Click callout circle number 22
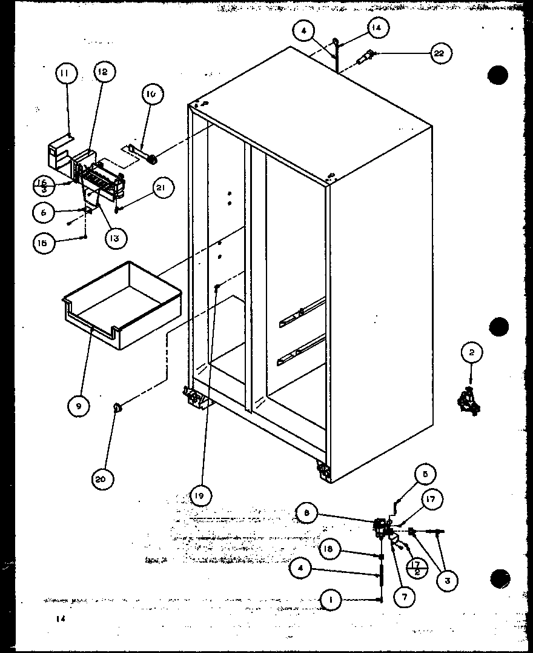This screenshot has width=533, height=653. [439, 54]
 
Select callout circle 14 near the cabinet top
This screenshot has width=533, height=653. [377, 28]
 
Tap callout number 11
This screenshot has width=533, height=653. [65, 75]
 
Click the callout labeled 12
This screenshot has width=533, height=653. [103, 73]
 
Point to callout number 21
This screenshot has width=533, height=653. [161, 189]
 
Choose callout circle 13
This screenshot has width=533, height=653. [114, 238]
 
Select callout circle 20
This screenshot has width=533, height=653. [101, 479]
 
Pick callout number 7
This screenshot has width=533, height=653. [404, 595]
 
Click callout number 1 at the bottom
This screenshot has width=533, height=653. [331, 600]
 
